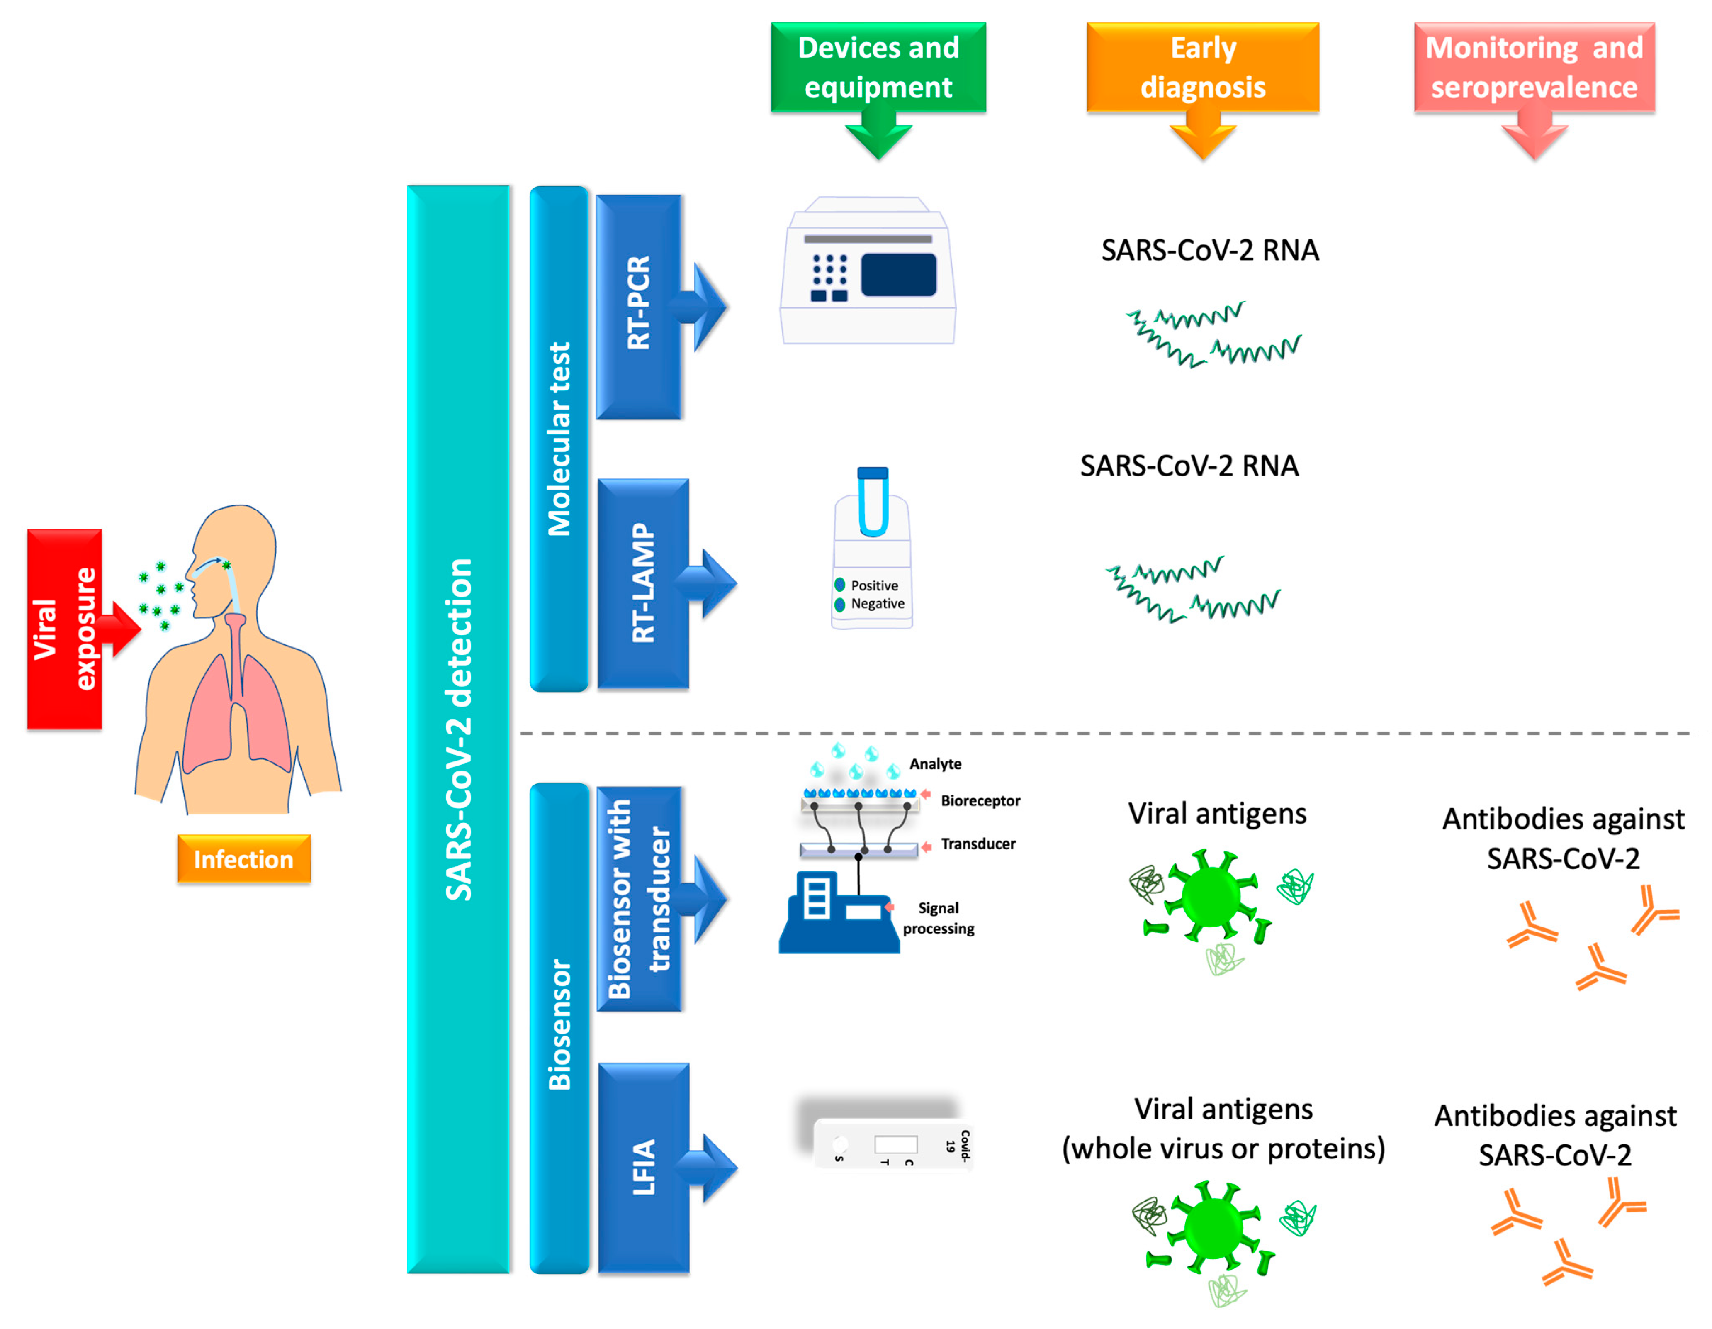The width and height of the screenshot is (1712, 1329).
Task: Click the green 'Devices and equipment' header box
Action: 878,68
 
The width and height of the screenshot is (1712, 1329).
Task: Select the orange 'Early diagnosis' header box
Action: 1202,68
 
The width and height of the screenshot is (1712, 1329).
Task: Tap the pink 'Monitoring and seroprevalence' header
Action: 1534,68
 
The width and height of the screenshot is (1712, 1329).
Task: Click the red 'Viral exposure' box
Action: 64,629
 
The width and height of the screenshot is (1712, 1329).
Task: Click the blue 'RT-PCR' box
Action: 639,306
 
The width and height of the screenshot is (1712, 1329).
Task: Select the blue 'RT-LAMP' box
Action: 643,583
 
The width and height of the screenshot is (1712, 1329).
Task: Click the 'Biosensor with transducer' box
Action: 639,899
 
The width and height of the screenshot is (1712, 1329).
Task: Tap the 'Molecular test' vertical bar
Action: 559,439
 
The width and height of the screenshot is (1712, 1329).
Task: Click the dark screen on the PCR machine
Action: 898,274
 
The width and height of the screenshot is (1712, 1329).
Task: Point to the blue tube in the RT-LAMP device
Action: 873,502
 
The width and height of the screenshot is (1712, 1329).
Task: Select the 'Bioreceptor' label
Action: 980,800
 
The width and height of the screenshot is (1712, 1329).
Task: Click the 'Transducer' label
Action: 978,844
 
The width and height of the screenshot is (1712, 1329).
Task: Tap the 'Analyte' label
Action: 935,764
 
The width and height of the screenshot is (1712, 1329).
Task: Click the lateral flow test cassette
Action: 894,1145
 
